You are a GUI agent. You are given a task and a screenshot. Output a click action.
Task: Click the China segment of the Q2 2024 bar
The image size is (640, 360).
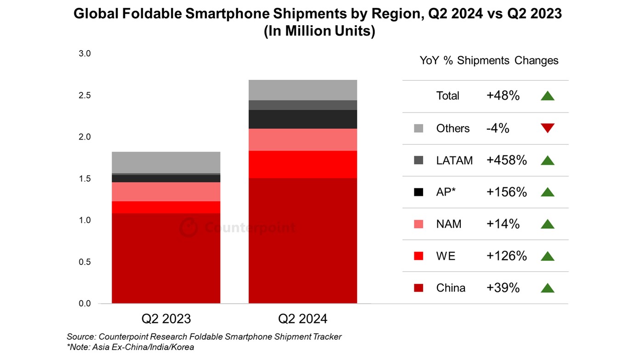coord(303,241)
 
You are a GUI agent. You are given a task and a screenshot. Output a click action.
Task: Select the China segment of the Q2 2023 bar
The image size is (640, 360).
coord(166,258)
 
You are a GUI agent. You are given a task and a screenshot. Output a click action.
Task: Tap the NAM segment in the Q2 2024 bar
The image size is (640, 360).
coord(303,140)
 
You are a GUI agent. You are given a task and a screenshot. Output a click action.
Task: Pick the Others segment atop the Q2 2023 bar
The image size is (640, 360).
coord(166,162)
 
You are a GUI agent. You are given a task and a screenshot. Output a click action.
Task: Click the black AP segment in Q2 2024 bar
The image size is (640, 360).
coord(303,119)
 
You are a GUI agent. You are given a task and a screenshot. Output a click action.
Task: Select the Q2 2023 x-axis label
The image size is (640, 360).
coord(166,319)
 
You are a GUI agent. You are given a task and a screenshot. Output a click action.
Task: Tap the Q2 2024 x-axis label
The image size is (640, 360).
coord(303,319)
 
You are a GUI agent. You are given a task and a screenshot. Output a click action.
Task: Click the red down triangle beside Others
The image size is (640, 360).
coord(548,128)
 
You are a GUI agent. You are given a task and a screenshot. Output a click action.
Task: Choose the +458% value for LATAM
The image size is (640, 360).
coord(506,160)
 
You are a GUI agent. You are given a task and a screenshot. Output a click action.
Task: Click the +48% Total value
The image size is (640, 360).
coord(503,96)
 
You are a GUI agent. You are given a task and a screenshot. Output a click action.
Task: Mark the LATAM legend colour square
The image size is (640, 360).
coord(418,160)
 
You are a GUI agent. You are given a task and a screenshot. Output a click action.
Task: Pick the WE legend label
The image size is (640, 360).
coord(446,256)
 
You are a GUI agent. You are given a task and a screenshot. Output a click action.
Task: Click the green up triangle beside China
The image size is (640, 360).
coord(548,288)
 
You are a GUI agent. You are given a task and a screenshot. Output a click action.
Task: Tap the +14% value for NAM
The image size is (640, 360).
coord(503,224)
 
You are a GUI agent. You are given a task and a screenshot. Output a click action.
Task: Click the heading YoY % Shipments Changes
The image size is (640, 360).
coord(489,61)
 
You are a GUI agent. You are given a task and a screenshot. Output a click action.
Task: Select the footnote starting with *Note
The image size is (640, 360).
coord(130,347)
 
